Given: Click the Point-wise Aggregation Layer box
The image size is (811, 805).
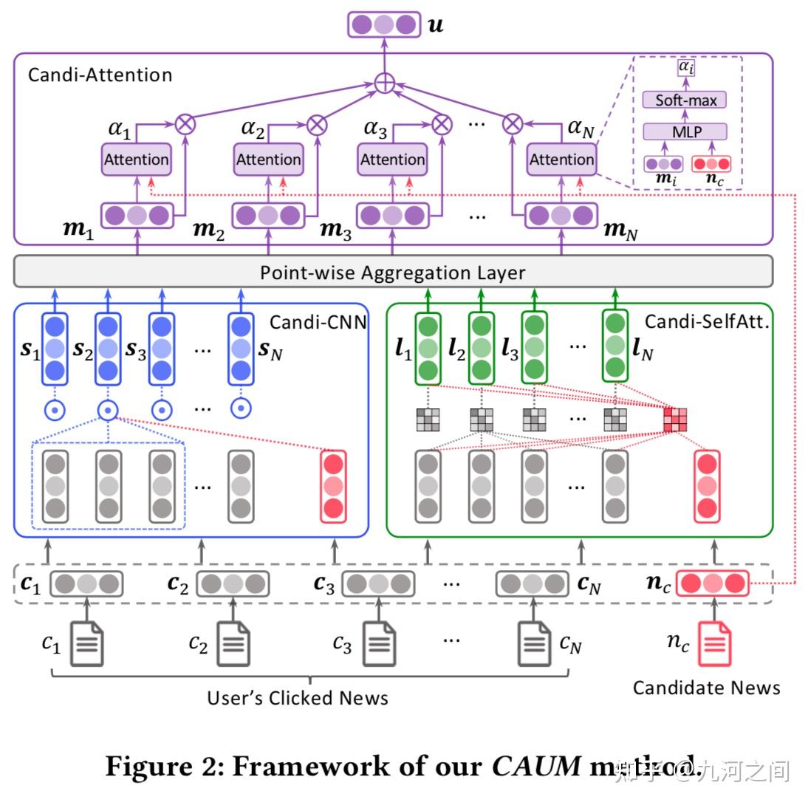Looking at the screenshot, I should click(393, 272).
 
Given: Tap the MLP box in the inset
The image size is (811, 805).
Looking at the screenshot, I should click(685, 132).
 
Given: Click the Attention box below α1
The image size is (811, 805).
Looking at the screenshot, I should click(136, 160).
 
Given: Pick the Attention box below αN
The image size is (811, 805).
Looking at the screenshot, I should click(561, 160).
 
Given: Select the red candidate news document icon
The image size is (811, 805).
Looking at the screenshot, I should click(715, 643).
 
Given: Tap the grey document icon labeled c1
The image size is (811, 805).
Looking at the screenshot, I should click(86, 643).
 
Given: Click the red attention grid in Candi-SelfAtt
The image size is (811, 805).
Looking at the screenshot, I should click(675, 419).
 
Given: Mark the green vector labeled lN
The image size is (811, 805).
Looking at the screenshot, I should click(615, 346).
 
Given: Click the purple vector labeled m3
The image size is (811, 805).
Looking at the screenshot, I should click(392, 216).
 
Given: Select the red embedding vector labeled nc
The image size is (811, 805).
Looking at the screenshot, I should click(713, 583).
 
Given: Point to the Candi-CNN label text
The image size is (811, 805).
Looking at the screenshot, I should click(318, 322).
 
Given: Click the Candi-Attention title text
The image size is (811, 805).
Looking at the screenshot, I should click(100, 75).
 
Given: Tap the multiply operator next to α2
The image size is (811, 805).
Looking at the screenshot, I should click(316, 123).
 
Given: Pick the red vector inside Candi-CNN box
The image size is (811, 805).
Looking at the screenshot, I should click(333, 486).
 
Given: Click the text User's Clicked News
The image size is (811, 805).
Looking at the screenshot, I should click(297, 698).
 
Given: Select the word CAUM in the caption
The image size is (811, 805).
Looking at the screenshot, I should click(536, 767).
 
